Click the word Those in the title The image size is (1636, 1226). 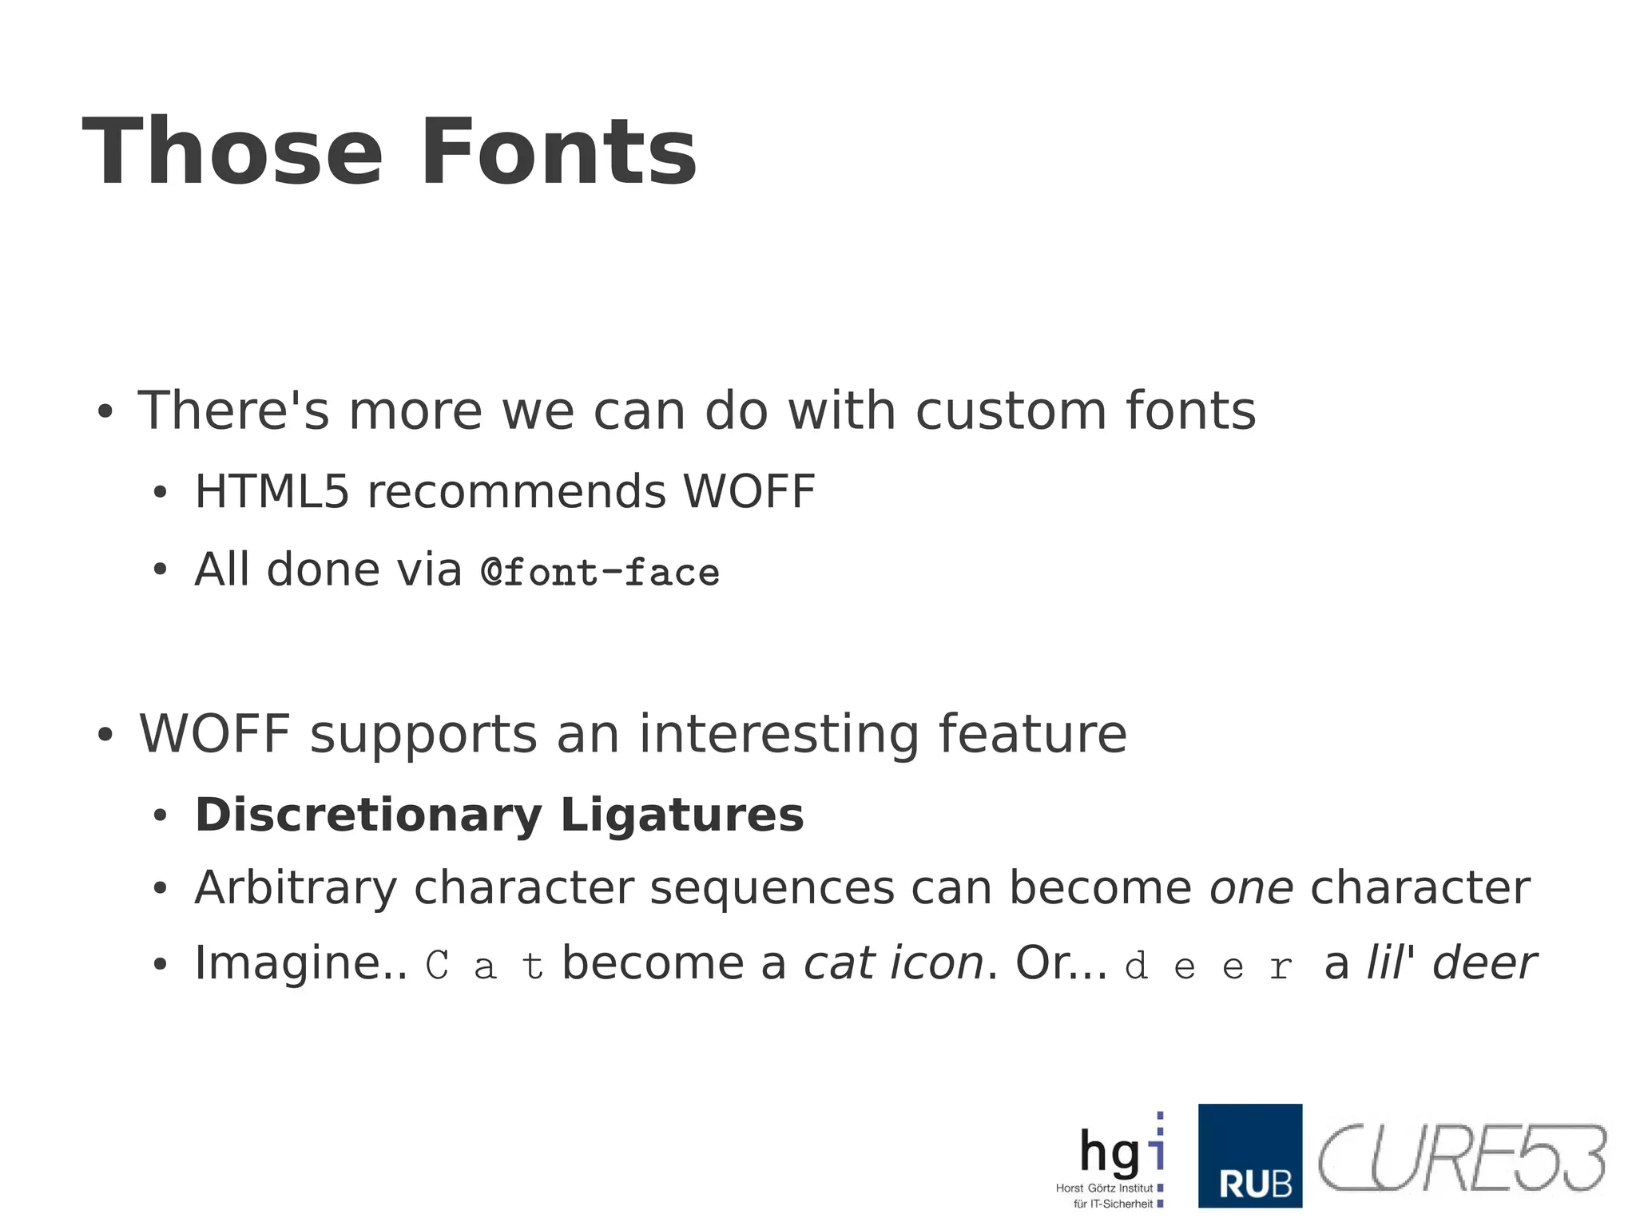[x=232, y=152]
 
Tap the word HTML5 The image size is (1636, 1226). [x=272, y=490]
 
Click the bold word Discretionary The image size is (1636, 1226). [x=368, y=815]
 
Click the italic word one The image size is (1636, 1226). [x=1251, y=888]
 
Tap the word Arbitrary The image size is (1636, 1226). [x=296, y=888]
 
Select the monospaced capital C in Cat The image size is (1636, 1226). [x=437, y=966]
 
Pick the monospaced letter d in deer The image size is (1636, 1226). [x=1136, y=966]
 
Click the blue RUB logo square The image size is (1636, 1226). [x=1249, y=1155]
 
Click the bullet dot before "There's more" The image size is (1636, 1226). [x=105, y=414]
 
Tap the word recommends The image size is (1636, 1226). [x=516, y=490]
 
